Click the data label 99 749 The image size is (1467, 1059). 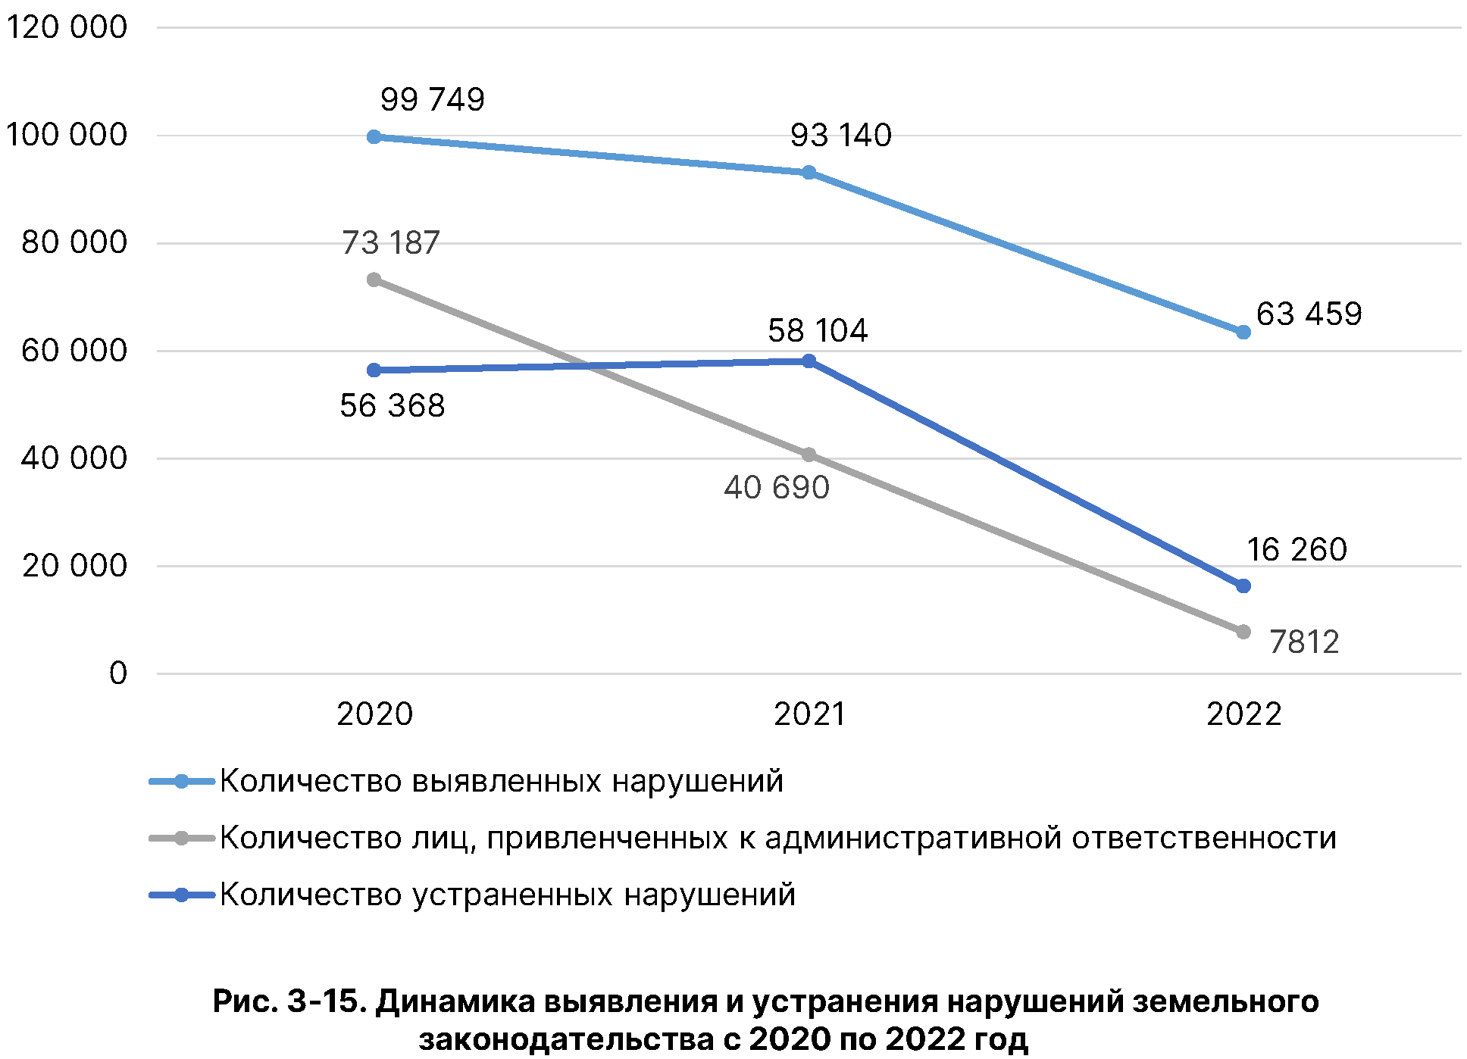click(432, 99)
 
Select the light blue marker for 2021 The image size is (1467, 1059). click(809, 173)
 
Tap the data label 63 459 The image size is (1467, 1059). click(1309, 314)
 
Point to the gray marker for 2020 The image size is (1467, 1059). click(374, 280)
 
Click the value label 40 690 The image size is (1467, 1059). click(777, 488)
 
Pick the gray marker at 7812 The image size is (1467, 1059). click(1243, 632)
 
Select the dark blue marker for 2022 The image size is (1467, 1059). click(1243, 586)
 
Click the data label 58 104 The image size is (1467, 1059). click(818, 331)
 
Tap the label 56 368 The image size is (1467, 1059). click(392, 406)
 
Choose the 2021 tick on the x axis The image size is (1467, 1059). click(809, 714)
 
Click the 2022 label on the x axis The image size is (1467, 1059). click(1243, 714)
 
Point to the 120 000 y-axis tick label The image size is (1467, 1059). click(67, 27)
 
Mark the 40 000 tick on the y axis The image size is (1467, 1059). click(74, 458)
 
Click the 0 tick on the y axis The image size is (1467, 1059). click(118, 673)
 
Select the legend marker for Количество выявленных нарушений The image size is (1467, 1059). click(181, 782)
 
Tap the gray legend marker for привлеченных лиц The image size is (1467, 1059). click(181, 839)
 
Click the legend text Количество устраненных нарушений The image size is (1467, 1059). click(508, 895)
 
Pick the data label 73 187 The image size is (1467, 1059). click(390, 243)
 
